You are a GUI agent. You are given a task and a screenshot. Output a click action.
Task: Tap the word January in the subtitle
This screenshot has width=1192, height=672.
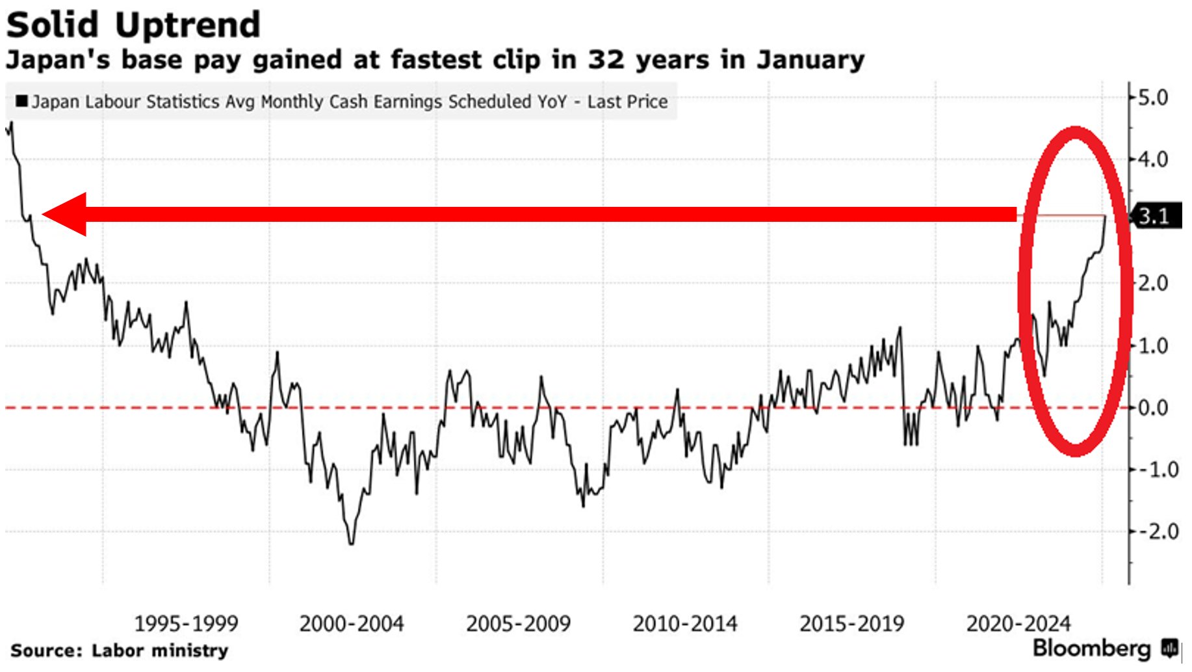pos(810,60)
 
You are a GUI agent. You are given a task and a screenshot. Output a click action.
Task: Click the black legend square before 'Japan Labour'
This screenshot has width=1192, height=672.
pos(21,101)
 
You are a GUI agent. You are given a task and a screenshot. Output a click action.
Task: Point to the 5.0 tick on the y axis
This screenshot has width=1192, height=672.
pos(1153,98)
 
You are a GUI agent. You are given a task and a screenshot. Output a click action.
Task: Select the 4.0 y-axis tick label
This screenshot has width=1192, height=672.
pos(1153,159)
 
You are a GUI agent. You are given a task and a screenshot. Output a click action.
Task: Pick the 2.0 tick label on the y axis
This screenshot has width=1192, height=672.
pos(1153,284)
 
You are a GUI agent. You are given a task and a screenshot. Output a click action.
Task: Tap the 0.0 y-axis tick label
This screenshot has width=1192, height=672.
pos(1153,408)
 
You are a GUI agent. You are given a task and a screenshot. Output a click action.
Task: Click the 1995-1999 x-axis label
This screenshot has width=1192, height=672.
pos(186,624)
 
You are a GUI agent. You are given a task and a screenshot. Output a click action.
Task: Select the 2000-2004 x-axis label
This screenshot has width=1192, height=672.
pos(352,624)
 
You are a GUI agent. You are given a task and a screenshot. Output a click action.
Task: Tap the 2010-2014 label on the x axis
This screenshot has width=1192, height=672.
pos(685,624)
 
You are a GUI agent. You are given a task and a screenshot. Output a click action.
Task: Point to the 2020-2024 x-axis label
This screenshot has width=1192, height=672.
pos(1018,624)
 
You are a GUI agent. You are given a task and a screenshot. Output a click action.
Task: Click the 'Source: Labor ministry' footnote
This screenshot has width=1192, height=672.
pos(120,651)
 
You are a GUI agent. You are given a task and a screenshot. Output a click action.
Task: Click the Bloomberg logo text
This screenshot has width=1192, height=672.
pos(1092,648)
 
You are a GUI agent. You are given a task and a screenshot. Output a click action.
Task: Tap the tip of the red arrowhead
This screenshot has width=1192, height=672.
pos(43,214)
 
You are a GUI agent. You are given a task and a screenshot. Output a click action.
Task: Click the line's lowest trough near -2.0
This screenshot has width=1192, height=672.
pos(352,544)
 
